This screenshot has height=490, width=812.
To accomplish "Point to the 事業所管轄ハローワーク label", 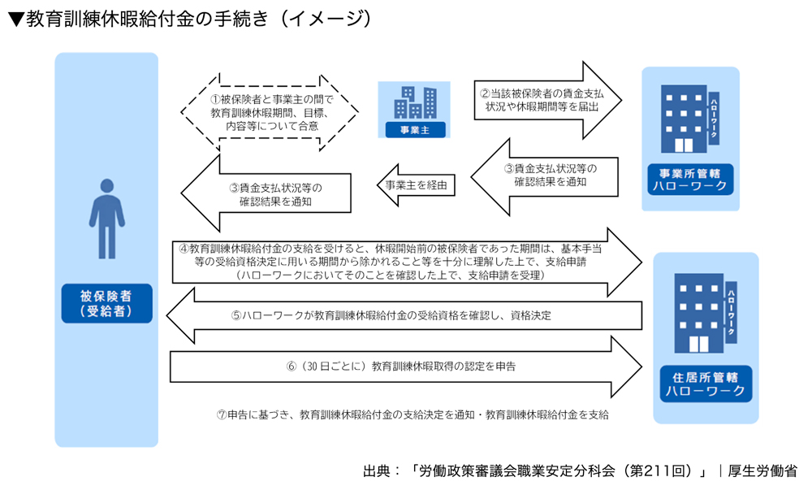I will coord(691,181).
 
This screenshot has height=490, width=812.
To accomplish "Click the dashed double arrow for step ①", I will coord(269,111).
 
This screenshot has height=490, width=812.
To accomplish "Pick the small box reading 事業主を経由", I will coord(416,185).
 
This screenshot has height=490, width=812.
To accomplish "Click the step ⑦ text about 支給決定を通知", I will coord(412,414).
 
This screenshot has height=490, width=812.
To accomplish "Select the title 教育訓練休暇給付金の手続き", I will coord(191,20).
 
